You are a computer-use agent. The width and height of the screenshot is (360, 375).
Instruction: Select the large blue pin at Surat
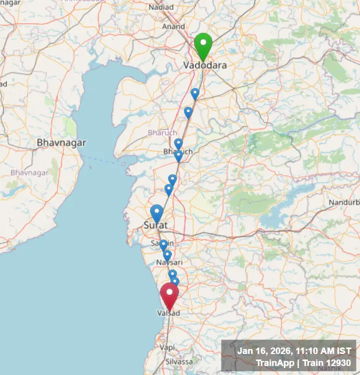pos(157,212)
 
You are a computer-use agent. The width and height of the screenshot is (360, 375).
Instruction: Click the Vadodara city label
pos(204,65)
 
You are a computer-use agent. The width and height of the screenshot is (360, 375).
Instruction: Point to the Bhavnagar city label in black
pos(61,143)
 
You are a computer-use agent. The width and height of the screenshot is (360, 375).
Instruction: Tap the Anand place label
pos(173,26)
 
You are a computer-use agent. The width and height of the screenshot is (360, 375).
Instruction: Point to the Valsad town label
pos(168,313)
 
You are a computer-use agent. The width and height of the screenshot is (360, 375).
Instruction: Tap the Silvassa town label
pos(179,361)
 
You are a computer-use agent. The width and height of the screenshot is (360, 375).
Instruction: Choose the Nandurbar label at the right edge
pos(344,202)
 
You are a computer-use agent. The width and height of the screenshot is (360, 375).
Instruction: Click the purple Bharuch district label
pos(162,132)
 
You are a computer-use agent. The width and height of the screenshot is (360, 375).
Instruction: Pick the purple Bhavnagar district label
pos(30,172)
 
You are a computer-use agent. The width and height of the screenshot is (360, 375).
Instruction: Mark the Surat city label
pos(154,225)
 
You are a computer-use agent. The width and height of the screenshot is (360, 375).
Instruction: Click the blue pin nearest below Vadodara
pos(195,93)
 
